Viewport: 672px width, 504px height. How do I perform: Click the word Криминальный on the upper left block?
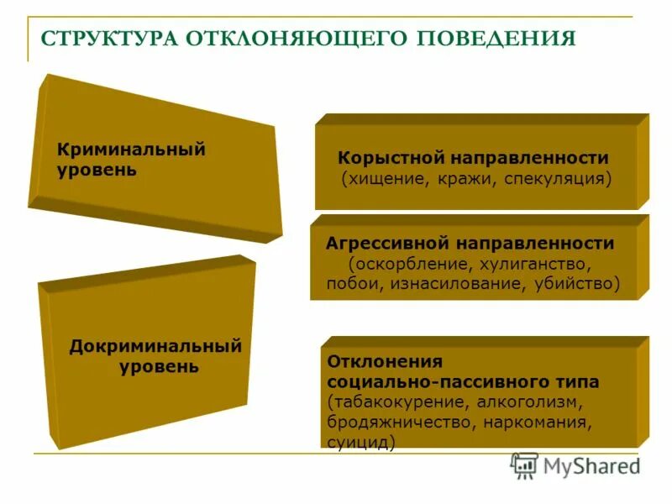131,150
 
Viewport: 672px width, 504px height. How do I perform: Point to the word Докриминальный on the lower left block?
155,346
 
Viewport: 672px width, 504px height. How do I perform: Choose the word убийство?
576,284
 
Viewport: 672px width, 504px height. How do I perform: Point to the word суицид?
361,441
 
